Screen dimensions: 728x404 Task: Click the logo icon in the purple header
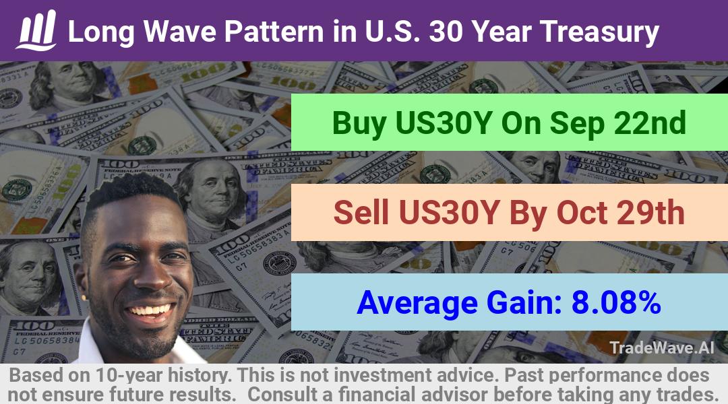[x=36, y=30]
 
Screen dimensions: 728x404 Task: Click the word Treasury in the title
[x=599, y=32]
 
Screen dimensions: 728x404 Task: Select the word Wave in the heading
[x=180, y=32]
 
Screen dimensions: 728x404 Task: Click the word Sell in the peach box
[x=361, y=213]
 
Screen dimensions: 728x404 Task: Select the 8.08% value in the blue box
[x=616, y=302]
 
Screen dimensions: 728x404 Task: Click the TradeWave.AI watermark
[x=662, y=347]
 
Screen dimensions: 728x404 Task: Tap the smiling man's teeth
[x=150, y=310]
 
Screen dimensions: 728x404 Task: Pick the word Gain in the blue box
[x=524, y=302]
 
